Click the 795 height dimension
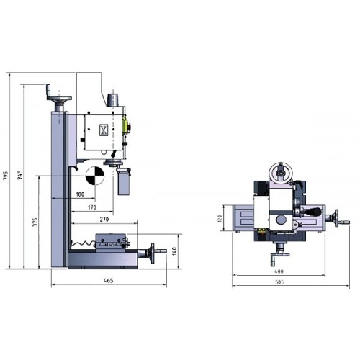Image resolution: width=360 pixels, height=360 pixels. pos(6,176)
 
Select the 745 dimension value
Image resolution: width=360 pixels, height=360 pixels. pos(20,175)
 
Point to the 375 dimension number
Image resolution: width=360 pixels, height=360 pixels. pos(35,222)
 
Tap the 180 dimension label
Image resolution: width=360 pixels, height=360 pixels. pos(80,194)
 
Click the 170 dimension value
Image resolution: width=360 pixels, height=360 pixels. pos(92,207)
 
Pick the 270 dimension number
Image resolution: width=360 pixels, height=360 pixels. pos(104,220)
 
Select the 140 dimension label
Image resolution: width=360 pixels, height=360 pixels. pos(174,251)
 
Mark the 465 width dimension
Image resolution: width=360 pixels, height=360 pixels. pos(109,280)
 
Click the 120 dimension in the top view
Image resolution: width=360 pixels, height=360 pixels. pos(220,218)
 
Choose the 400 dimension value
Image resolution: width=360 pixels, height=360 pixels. pos(279,271)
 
